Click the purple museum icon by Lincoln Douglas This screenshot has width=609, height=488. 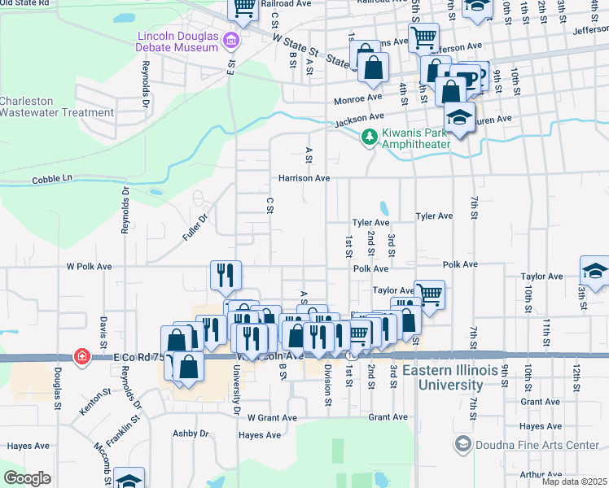click(231, 39)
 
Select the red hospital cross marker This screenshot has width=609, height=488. click(81, 356)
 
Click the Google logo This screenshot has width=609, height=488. click(28, 478)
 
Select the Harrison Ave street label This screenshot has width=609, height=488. click(304, 177)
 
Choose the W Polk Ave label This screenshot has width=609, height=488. click(89, 266)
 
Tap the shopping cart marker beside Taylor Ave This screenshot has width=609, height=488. click(429, 294)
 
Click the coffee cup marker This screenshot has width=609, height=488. click(469, 79)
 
